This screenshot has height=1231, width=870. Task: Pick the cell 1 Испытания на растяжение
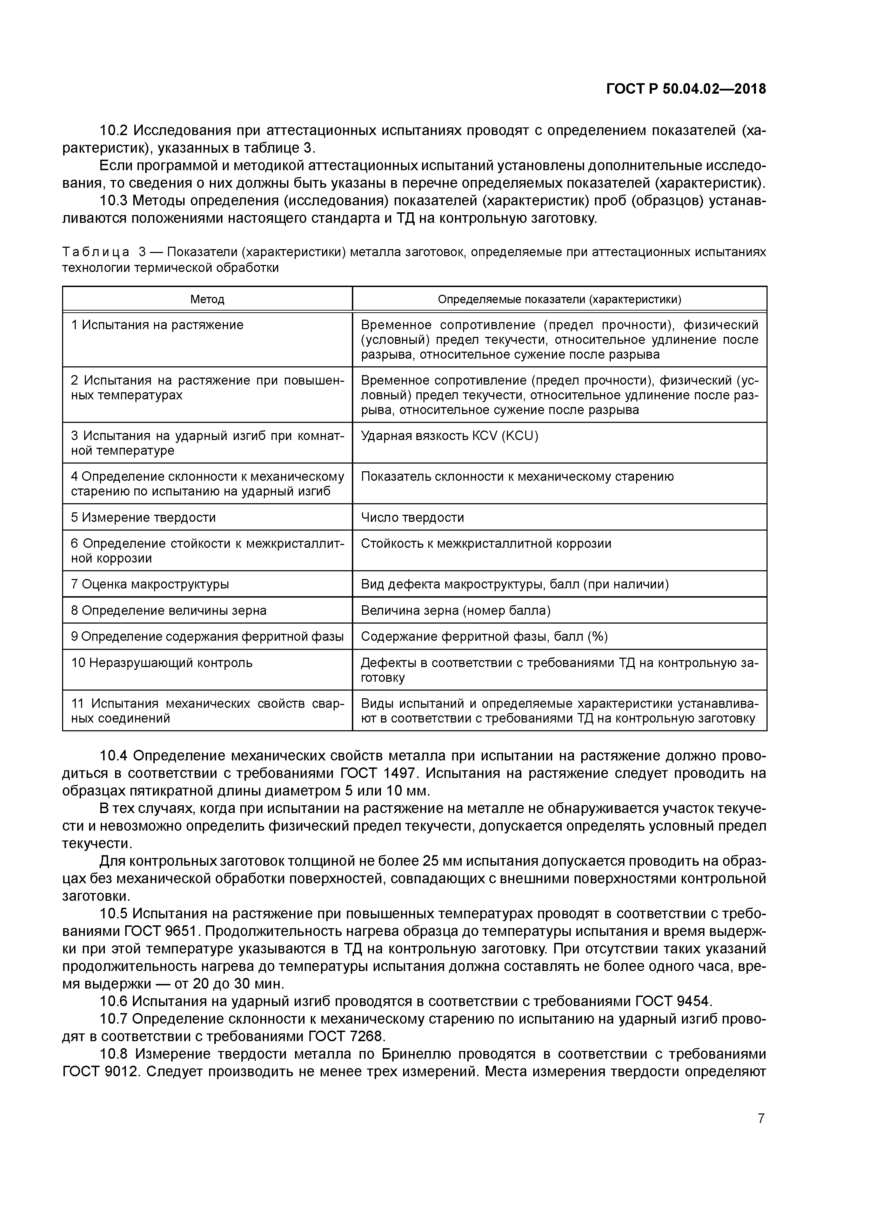157,325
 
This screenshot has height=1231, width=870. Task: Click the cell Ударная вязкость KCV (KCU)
449,436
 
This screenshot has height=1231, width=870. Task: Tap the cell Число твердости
412,517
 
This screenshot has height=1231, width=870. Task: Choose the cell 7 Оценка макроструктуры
150,584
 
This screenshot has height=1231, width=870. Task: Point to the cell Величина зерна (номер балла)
456,610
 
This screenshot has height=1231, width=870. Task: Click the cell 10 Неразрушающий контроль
161,663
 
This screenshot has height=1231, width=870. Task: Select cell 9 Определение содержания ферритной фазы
207,637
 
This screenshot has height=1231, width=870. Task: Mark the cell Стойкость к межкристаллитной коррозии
486,544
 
